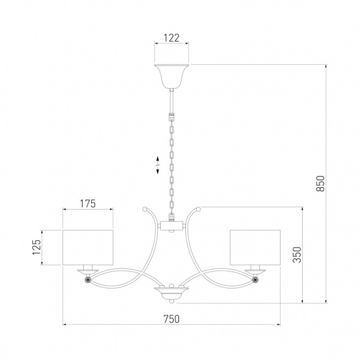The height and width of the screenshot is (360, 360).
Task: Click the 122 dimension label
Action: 171,38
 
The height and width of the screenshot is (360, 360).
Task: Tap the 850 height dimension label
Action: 320,183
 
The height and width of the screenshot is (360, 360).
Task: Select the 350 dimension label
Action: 297,255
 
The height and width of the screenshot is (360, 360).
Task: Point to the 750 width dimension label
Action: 172,318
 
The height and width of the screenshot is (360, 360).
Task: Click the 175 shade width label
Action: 87,204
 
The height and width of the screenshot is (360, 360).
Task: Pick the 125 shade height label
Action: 37,247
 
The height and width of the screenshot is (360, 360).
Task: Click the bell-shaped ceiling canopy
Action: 172,76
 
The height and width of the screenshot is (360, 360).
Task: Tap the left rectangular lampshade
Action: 88,248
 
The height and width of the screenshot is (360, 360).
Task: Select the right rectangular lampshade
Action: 255,248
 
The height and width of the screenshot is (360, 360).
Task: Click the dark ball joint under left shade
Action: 88,280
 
